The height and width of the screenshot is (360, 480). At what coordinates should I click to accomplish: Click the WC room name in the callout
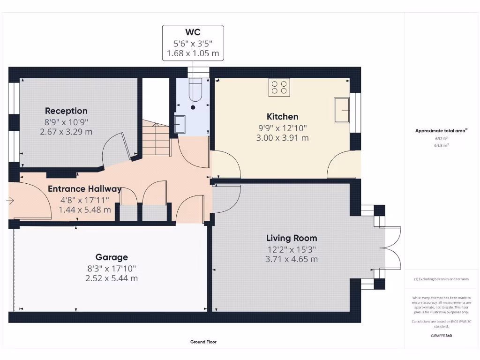pos(193,32)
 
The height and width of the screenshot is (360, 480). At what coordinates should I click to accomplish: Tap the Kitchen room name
pos(282,117)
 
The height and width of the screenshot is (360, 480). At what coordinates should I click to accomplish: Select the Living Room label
pos(292,238)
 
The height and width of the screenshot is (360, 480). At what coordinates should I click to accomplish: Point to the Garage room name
pos(112,257)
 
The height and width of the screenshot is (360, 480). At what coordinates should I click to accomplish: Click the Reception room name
pos(66,111)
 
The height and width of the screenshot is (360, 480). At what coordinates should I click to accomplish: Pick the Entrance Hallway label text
pos(84,189)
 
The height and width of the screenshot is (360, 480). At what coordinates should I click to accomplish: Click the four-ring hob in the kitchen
pos(279,87)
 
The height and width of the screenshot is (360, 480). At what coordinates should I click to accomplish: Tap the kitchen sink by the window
pos(342,110)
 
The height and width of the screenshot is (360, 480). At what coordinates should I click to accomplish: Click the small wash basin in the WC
pos(180,124)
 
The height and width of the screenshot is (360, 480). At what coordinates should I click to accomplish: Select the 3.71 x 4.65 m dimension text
pos(292,259)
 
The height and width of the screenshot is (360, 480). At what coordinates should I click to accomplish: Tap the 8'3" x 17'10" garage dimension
pos(112,269)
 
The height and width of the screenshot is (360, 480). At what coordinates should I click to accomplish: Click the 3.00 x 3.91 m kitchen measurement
pos(282,138)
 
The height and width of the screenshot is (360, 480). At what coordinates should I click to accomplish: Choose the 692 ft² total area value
pos(442,139)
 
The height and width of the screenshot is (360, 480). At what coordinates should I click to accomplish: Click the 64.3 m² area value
pos(442,145)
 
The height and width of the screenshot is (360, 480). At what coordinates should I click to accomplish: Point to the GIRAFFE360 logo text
pos(442,336)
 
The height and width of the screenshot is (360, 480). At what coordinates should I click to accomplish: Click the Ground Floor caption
pos(203,342)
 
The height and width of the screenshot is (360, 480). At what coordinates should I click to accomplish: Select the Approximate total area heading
pos(441,131)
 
